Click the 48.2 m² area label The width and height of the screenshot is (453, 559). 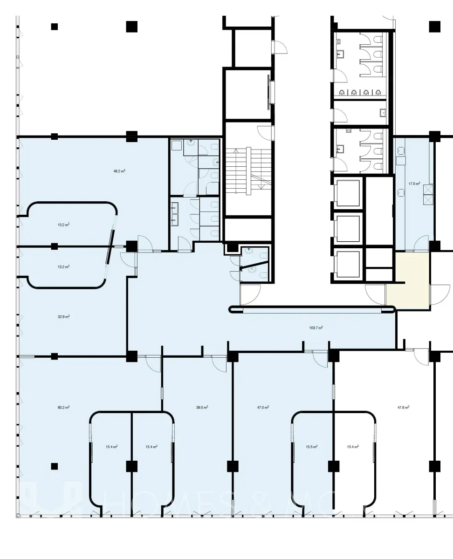click(x=119, y=171)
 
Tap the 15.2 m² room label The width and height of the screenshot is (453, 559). click(x=64, y=225)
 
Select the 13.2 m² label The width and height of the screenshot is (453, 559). click(x=64, y=266)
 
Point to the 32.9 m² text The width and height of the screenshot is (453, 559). click(x=64, y=317)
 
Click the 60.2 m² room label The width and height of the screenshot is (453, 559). click(x=64, y=407)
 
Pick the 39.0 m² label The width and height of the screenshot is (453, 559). click(x=202, y=407)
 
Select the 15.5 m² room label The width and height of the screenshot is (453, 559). click(x=312, y=447)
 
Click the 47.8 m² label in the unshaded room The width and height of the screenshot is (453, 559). click(x=403, y=407)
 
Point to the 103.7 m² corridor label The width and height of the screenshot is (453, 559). click(x=316, y=327)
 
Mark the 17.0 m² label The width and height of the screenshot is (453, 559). click(x=414, y=184)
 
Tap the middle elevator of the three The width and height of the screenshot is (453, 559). click(x=349, y=228)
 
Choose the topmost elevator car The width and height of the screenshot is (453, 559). click(x=349, y=192)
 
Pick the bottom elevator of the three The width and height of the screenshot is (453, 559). click(x=349, y=265)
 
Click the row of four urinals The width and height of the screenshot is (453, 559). click(x=360, y=93)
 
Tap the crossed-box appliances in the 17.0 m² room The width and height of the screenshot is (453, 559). click(x=428, y=195)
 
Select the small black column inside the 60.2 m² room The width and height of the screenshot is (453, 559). click(x=55, y=466)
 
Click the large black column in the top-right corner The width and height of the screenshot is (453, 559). click(x=435, y=27)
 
